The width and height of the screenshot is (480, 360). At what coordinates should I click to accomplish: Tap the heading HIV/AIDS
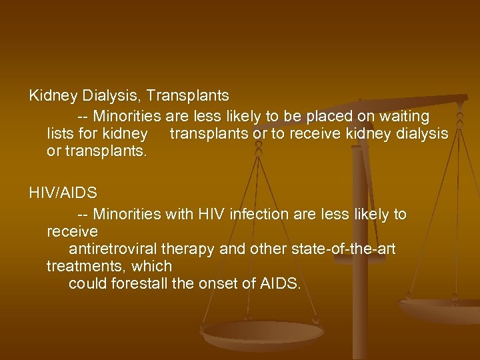[63, 194]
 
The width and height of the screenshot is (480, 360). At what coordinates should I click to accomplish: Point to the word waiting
[397, 115]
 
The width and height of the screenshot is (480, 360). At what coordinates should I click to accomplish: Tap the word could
[87, 285]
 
